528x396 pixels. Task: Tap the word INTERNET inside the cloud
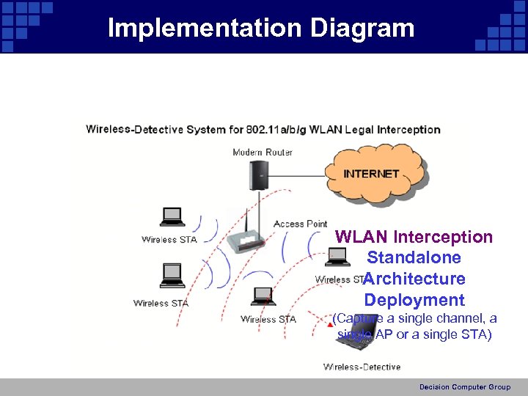click(x=371, y=174)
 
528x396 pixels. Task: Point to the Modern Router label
click(x=263, y=153)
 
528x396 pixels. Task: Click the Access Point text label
click(x=300, y=224)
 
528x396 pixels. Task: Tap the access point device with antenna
click(x=246, y=238)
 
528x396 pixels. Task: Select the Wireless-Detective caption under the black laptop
click(x=362, y=367)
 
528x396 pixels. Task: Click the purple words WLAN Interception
click(x=414, y=237)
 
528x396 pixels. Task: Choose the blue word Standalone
click(x=414, y=257)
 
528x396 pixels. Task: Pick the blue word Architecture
click(x=414, y=279)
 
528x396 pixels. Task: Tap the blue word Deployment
click(x=414, y=300)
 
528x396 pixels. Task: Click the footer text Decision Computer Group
click(x=465, y=387)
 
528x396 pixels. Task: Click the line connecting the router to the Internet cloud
click(x=297, y=176)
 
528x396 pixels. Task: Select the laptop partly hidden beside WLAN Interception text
click(x=337, y=257)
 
